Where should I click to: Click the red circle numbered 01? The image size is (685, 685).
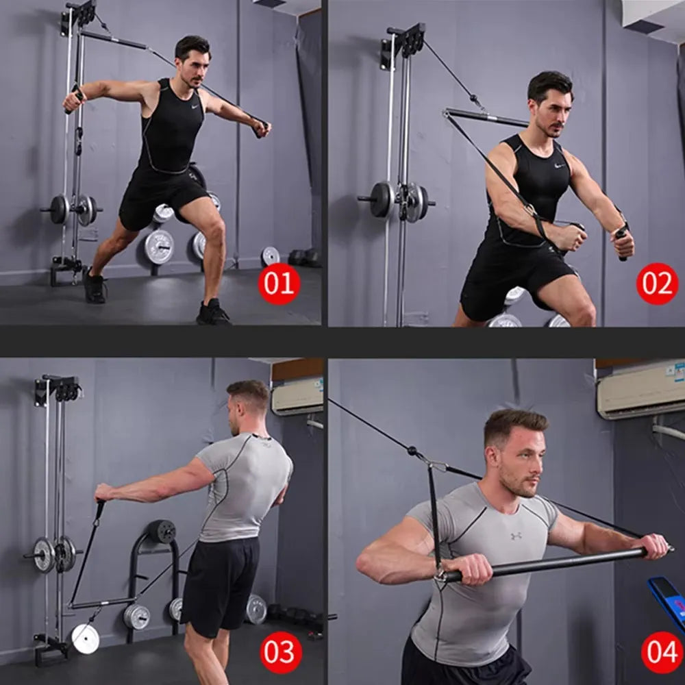click(x=279, y=284)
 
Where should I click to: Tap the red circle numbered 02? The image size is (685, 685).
click(x=657, y=284)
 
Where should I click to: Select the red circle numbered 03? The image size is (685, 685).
click(x=281, y=652)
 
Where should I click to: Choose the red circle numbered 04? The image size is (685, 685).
click(x=662, y=652)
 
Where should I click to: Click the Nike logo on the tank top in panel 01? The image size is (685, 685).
click(x=195, y=106)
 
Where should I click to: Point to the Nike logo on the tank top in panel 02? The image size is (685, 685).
click(x=560, y=166)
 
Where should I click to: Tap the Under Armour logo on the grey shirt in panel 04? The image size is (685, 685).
click(x=516, y=536)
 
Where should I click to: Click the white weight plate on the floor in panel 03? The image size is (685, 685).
click(x=85, y=639)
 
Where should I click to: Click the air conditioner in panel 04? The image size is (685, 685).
click(x=640, y=389)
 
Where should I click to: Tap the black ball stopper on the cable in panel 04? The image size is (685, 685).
click(x=412, y=451)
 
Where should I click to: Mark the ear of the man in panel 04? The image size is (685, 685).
click(x=493, y=458)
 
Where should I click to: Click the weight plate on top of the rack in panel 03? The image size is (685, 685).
click(x=162, y=532)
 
